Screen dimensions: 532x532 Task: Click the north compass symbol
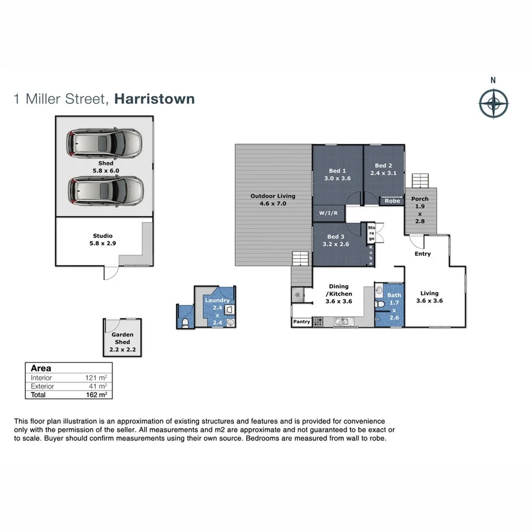493,104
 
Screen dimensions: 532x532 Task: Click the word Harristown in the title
154,99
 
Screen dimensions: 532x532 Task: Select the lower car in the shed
106,190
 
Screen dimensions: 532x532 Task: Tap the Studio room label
103,235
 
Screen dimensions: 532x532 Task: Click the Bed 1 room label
337,171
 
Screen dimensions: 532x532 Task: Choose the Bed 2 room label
384,166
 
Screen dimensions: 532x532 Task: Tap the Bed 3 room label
336,236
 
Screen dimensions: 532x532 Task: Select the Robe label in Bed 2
392,201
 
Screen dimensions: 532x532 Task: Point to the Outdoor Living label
273,196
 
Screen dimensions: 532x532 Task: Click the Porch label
420,199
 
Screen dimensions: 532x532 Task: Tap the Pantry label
301,322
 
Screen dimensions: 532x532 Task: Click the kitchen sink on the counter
342,322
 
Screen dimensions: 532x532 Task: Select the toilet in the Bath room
381,304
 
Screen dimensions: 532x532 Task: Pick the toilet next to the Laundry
184,323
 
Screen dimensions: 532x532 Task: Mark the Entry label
422,254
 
